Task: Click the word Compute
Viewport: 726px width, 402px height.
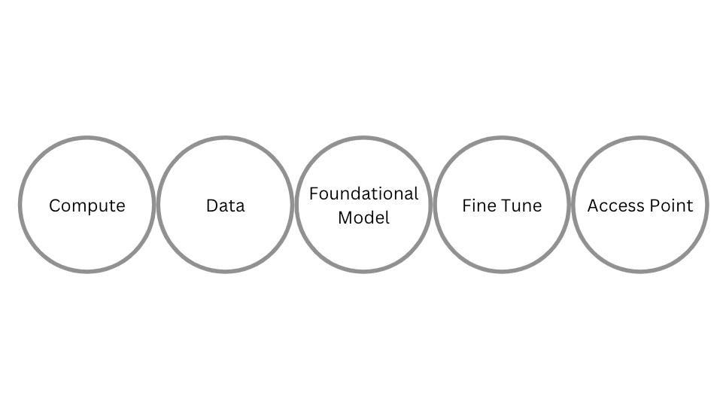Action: [x=87, y=206]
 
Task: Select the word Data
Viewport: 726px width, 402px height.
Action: [x=225, y=206]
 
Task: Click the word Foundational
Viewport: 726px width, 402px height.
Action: [x=363, y=193]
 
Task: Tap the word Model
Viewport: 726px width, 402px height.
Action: [x=363, y=218]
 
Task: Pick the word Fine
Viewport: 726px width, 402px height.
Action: [x=476, y=206]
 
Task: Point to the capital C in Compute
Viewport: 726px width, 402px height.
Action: [x=54, y=206]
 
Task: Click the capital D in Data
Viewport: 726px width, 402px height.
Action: [x=211, y=206]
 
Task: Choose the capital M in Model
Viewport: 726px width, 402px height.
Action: [x=345, y=218]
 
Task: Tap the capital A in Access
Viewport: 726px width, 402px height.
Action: [x=593, y=206]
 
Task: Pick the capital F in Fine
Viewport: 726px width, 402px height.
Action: [x=466, y=206]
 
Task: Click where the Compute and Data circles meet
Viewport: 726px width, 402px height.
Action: [x=156, y=204]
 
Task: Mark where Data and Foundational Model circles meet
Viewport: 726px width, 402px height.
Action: [x=294, y=204]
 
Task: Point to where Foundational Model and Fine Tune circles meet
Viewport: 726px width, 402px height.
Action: [x=433, y=204]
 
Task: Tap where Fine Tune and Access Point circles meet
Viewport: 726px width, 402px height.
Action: [x=571, y=204]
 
